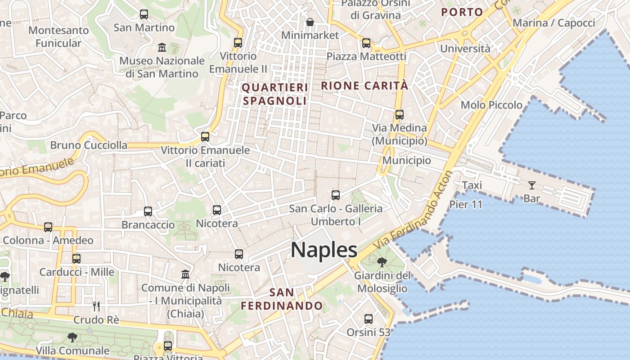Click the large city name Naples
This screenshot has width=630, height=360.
tap(324, 250)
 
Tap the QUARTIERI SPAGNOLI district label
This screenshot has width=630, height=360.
tap(275, 94)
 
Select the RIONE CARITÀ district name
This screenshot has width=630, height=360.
tap(364, 85)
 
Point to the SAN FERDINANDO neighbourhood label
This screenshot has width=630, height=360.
tap(282, 299)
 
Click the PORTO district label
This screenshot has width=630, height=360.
tap(462, 12)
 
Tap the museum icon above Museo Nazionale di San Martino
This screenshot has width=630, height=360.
tap(162, 47)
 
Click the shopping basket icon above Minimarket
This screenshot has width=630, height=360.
tap(310, 22)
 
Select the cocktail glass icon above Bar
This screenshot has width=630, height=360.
tap(532, 184)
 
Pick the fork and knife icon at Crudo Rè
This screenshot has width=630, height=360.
tap(96, 306)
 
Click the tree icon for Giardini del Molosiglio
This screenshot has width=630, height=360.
tap(382, 261)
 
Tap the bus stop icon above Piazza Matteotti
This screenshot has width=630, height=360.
tap(366, 43)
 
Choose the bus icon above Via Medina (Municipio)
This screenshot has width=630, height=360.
tap(399, 114)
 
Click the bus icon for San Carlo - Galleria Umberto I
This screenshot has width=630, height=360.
tap(336, 195)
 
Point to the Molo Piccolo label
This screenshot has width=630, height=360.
tap(491, 105)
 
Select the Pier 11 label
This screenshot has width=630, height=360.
tap(466, 205)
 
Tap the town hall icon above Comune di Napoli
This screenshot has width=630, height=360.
tap(185, 274)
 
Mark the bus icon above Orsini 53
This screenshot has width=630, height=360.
tap(369, 319)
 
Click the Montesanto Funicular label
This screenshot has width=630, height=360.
tap(58, 37)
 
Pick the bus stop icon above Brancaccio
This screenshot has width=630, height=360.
tap(148, 211)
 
